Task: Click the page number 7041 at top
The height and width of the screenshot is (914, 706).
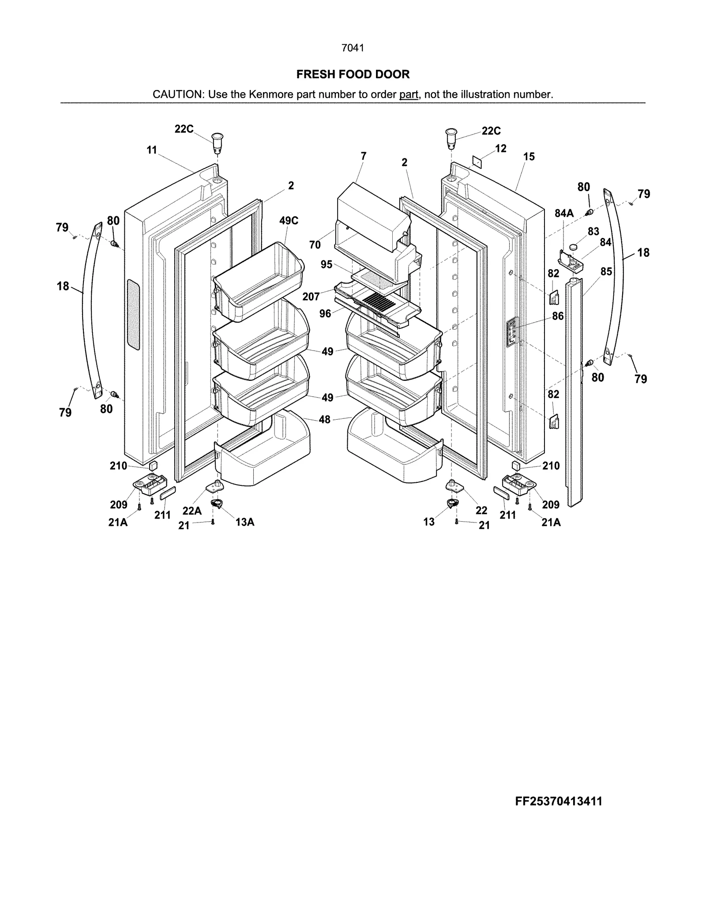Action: [x=353, y=48]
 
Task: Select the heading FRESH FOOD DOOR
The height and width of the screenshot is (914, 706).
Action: [x=353, y=74]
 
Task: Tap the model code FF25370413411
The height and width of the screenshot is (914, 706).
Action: [x=558, y=801]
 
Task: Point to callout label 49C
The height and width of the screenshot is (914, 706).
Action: [x=289, y=221]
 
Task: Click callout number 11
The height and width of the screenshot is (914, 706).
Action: [x=152, y=150]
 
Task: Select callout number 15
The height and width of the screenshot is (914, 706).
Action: [x=529, y=157]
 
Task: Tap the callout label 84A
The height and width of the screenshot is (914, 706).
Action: [x=564, y=214]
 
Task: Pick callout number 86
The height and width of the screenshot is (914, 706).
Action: [x=558, y=316]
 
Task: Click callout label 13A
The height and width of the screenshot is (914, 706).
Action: [x=244, y=522]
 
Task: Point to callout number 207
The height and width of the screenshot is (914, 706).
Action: [x=311, y=297]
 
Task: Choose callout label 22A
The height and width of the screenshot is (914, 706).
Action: [x=192, y=511]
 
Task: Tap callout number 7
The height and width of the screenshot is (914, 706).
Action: [x=363, y=156]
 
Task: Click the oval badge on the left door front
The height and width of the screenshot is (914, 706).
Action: [x=132, y=314]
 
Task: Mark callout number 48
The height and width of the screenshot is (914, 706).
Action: [x=324, y=419]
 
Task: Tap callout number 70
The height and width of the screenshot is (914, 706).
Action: [x=315, y=244]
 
